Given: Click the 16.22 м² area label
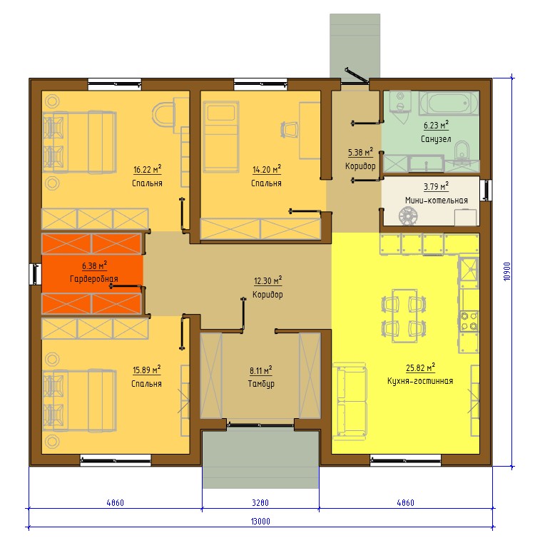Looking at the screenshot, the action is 148,169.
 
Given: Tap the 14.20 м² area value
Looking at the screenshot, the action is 267,169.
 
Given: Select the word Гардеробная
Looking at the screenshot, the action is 94,279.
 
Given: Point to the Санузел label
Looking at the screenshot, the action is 436,139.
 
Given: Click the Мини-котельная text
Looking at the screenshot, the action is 437,201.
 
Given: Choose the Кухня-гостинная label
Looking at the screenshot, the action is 420,381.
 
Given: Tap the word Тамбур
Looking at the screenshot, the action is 261,384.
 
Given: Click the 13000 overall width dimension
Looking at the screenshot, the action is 260,522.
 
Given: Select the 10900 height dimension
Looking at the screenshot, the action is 507,271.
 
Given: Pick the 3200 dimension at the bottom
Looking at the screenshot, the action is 260,502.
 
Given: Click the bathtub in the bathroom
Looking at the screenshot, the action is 449,103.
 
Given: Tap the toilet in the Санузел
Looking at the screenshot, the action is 462,152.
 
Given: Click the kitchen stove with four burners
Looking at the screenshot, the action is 469,321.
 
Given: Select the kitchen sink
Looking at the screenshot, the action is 469,269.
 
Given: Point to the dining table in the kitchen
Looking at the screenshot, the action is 404,315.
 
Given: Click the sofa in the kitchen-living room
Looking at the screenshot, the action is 350,400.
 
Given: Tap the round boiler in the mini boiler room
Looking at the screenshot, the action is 408,215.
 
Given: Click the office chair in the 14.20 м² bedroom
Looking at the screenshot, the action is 289,129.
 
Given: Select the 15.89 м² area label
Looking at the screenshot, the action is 147,370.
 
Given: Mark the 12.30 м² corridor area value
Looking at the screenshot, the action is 268,280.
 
